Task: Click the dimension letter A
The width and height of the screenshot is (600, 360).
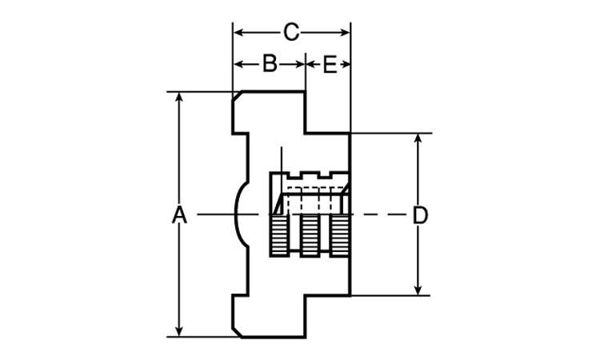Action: [x=179, y=214]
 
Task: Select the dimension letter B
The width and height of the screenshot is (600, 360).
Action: [x=270, y=63]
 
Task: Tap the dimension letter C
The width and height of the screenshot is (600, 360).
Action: [x=291, y=33]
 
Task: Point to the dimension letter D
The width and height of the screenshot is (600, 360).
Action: [x=420, y=215]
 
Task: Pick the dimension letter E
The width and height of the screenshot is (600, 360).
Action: [x=330, y=64]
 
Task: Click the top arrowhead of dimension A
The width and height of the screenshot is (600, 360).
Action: [x=178, y=97]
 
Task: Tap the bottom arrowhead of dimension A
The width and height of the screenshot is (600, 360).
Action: [x=178, y=332]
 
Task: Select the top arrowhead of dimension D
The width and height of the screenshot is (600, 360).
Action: [x=418, y=138]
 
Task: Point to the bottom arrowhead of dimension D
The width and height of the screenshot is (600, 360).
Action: [x=418, y=290]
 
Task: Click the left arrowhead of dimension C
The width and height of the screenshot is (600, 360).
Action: [x=238, y=33]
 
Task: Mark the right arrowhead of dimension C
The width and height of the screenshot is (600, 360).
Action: [x=345, y=33]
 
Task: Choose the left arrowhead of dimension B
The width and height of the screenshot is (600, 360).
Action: [x=238, y=64]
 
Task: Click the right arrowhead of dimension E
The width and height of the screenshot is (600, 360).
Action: [x=346, y=64]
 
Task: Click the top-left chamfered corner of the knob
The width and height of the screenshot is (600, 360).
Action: [x=237, y=96]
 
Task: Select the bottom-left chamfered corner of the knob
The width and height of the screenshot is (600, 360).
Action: [x=237, y=333]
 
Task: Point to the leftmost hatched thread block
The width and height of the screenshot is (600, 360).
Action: [x=279, y=235]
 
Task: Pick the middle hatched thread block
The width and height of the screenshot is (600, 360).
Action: [x=309, y=235]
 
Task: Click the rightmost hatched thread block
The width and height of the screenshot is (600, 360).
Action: [x=339, y=235]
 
